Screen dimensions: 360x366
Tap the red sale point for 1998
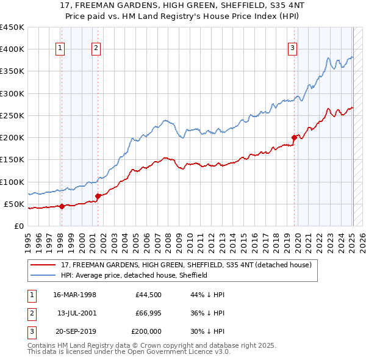tap(62, 206)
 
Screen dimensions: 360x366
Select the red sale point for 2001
tap(98, 196)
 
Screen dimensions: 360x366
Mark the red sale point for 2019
tap(294, 137)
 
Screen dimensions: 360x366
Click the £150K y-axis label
tap(12, 160)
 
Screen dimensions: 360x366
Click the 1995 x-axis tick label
tap(28, 240)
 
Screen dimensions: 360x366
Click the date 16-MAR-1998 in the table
tap(74, 295)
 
